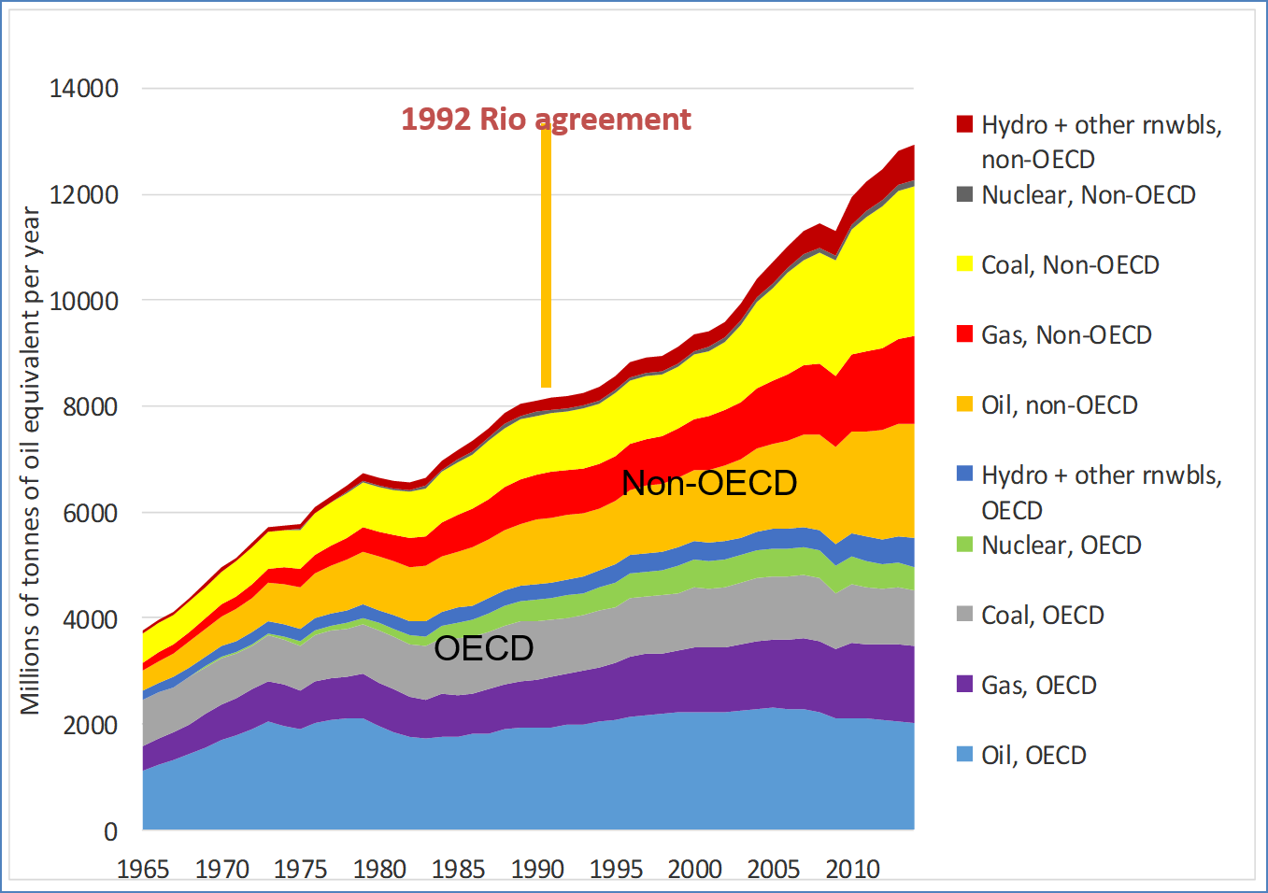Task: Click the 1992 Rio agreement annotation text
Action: [x=546, y=120]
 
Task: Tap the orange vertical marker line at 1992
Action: [x=546, y=262]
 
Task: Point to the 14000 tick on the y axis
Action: [x=84, y=89]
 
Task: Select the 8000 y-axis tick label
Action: [x=91, y=407]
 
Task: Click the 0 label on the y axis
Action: [x=111, y=831]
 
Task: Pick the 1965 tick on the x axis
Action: [x=143, y=870]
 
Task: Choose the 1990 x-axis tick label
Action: [x=537, y=870]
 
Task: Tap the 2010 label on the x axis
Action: [x=852, y=870]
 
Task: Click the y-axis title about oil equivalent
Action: [x=31, y=461]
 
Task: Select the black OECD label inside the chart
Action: [x=484, y=648]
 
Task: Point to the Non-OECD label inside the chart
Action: [x=709, y=483]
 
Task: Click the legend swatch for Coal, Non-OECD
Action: [x=965, y=264]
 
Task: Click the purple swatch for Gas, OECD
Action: [x=965, y=685]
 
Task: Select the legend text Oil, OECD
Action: [x=1033, y=756]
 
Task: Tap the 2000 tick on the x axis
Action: [x=694, y=870]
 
